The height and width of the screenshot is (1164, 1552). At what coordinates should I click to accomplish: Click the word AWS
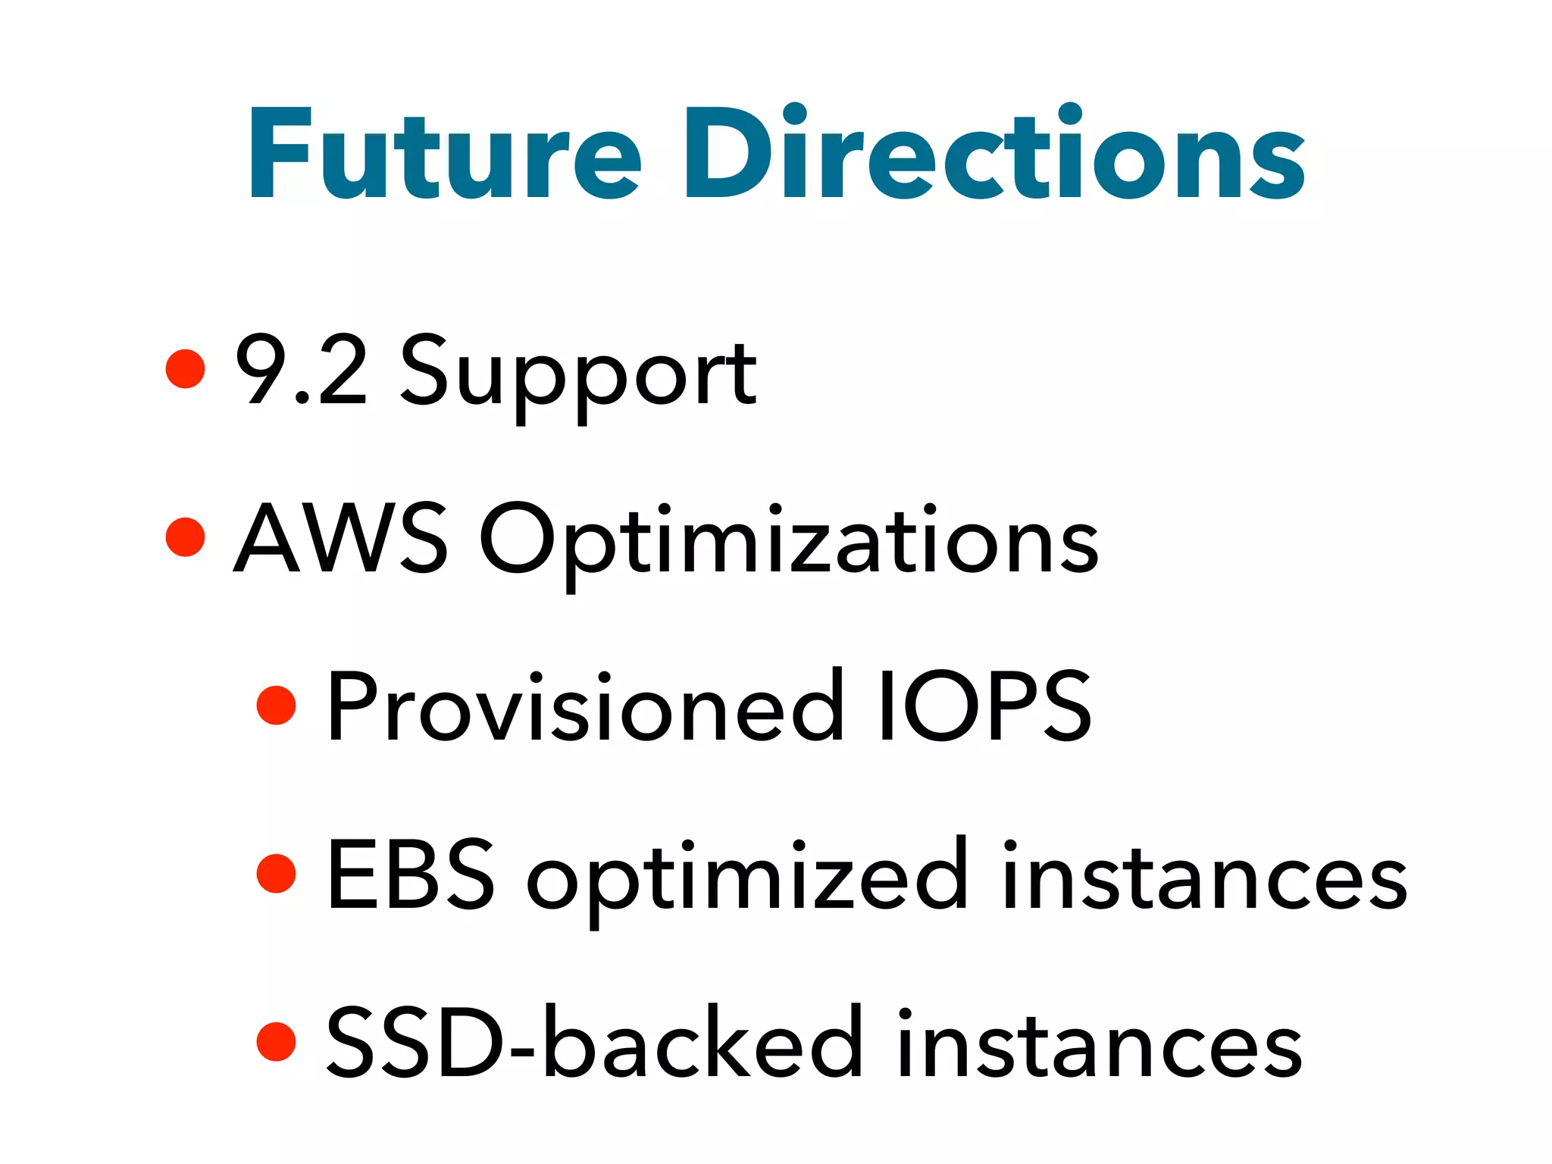point(340,538)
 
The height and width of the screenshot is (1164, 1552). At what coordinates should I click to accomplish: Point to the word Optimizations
point(788,542)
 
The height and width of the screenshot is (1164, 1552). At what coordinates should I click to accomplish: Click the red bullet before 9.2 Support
point(185,368)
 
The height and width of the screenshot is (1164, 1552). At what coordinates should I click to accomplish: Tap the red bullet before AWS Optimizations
point(185,537)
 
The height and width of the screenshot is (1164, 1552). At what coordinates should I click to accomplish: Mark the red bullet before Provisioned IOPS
point(276,705)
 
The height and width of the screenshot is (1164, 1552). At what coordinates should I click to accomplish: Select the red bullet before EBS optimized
point(276,873)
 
